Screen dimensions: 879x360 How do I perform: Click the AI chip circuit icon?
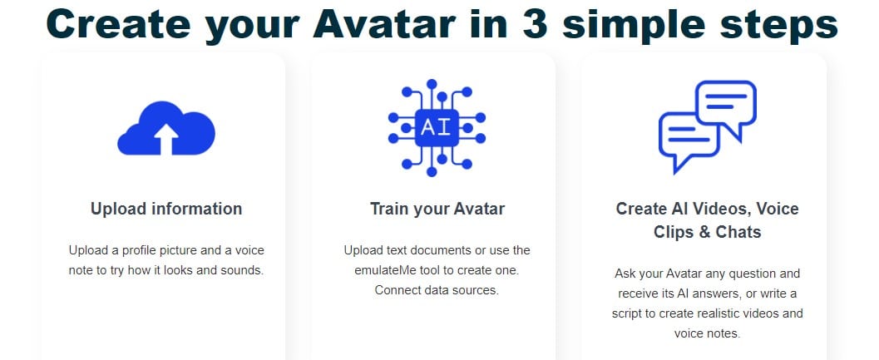pos(437,128)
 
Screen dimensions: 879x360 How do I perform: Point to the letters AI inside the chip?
pos(437,128)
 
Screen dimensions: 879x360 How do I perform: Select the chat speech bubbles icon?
pos(708,126)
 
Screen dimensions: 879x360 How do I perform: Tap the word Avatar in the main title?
pos(385,24)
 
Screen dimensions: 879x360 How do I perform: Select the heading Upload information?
pos(166,210)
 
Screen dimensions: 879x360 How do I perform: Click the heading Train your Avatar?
pos(437,210)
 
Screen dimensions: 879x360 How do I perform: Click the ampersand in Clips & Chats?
pos(706,232)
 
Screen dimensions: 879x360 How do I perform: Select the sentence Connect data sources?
pos(437,290)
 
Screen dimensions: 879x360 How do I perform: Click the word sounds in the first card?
pos(244,270)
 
